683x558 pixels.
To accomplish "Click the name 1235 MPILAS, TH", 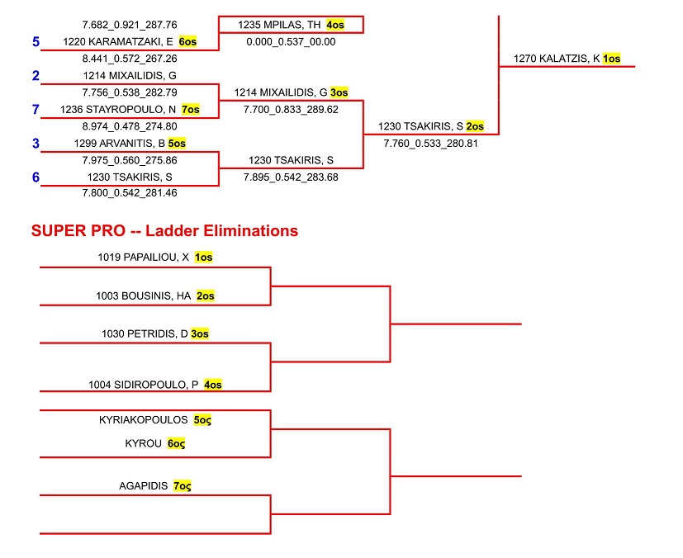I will tap(278, 25).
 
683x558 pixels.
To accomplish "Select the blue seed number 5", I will tap(36, 41).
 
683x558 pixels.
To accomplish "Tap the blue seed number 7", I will tap(36, 109).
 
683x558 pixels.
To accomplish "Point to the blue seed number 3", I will tap(36, 144).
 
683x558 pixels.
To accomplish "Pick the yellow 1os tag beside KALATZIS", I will tap(611, 59).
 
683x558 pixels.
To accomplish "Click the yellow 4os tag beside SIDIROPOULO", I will tap(212, 384).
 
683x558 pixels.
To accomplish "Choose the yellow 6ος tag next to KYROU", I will tap(176, 443).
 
